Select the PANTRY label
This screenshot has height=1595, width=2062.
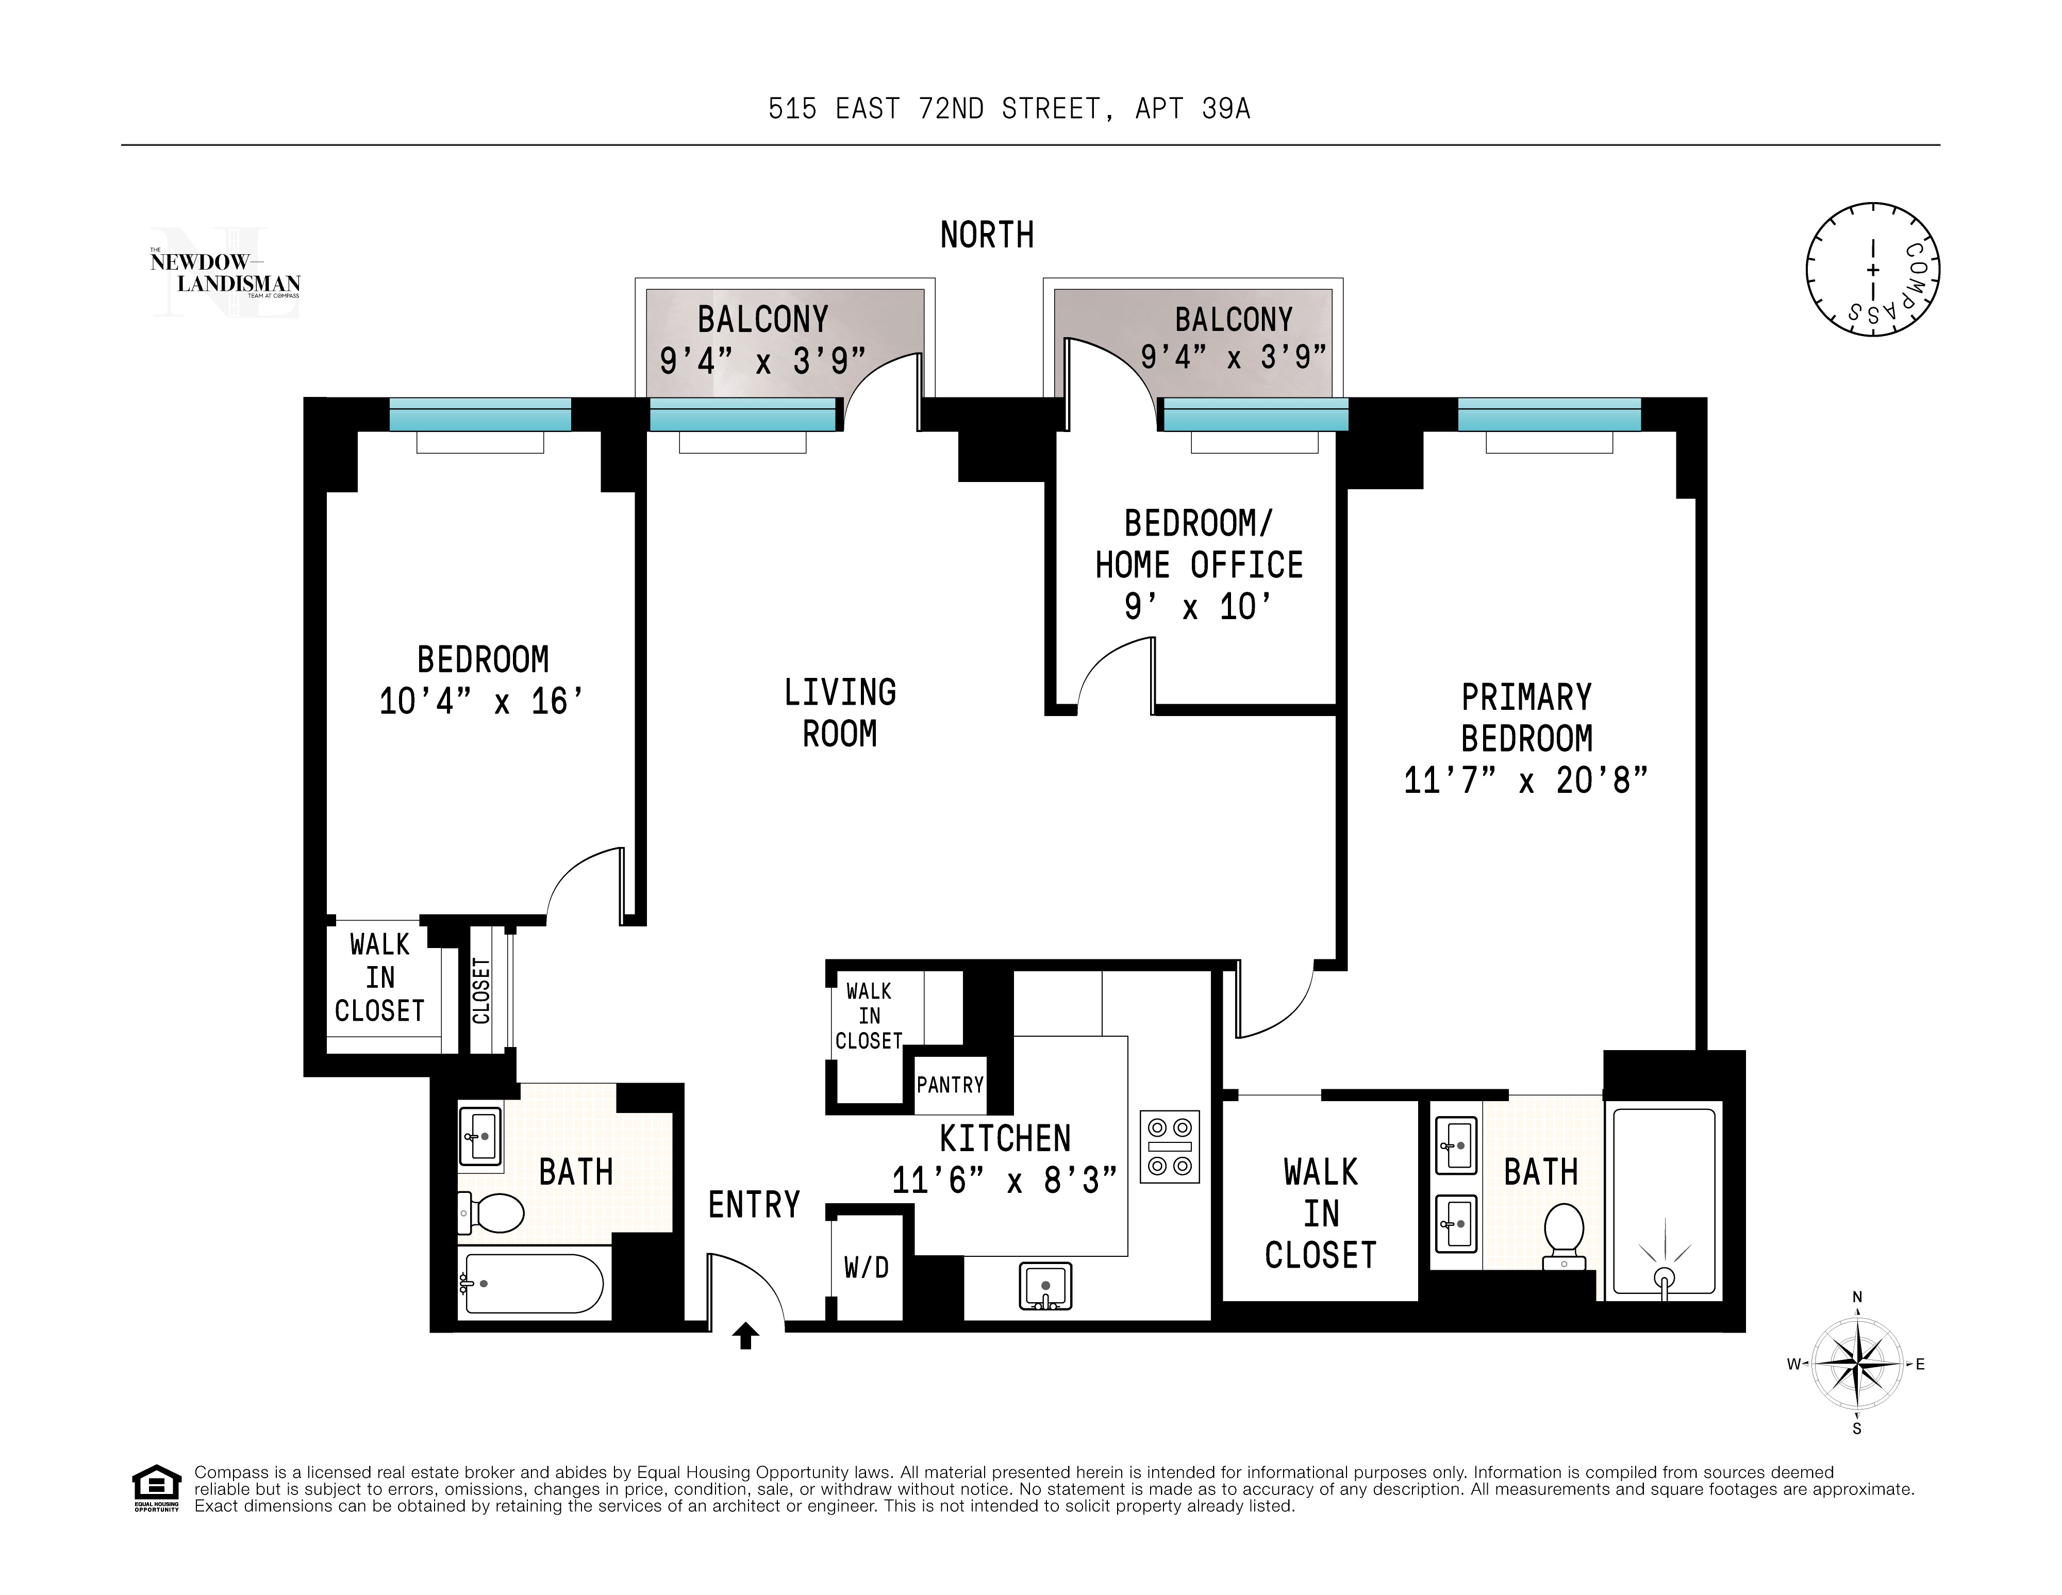click(950, 1085)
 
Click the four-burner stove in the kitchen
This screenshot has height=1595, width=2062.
click(1170, 1147)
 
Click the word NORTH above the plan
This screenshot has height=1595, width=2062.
click(987, 235)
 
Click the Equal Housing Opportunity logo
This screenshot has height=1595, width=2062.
click(156, 1487)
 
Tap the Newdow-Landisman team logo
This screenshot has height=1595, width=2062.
click(225, 273)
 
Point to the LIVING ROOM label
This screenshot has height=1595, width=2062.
click(839, 713)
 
